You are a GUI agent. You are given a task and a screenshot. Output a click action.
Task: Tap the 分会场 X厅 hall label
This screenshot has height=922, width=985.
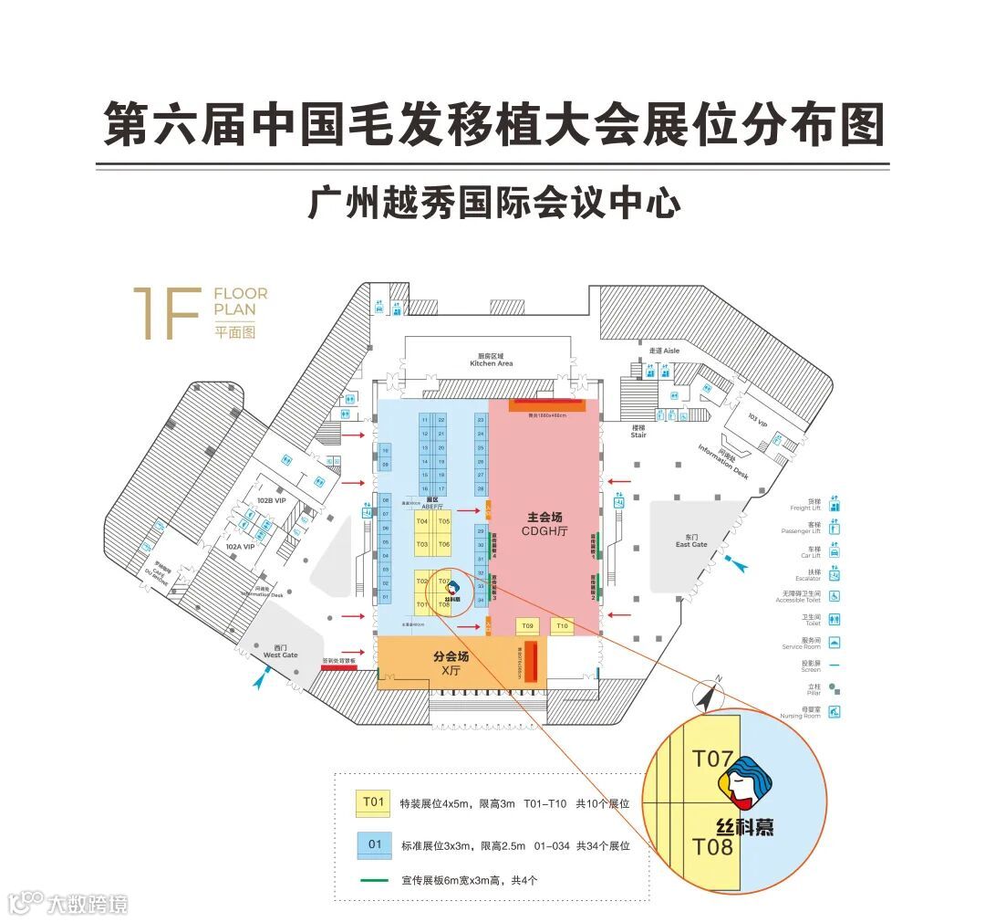451,664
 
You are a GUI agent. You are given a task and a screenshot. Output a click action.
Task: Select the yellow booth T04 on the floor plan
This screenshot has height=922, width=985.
422,521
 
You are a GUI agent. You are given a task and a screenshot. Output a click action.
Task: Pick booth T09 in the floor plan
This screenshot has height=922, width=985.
526,626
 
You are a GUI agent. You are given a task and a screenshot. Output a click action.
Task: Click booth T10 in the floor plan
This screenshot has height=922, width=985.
562,626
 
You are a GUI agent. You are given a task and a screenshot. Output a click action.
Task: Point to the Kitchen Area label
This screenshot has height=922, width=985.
492,360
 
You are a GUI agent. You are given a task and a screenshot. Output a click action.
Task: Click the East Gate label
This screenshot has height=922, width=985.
691,541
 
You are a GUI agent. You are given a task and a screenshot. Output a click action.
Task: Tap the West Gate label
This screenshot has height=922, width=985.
281,652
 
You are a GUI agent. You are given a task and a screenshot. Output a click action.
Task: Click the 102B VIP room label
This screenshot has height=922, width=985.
272,500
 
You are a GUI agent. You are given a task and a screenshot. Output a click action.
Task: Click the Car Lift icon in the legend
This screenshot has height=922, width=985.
835,550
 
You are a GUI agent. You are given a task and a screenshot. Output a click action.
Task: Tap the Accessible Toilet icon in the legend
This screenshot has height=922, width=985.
835,596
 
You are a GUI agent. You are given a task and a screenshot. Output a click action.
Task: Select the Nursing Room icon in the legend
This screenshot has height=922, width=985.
835,712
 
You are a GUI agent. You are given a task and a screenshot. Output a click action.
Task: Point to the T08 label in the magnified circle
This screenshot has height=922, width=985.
712,846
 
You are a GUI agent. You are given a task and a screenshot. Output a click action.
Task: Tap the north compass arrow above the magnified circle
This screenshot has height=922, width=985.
708,696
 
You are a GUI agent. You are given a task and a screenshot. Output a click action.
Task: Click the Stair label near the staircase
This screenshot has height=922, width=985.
638,431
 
